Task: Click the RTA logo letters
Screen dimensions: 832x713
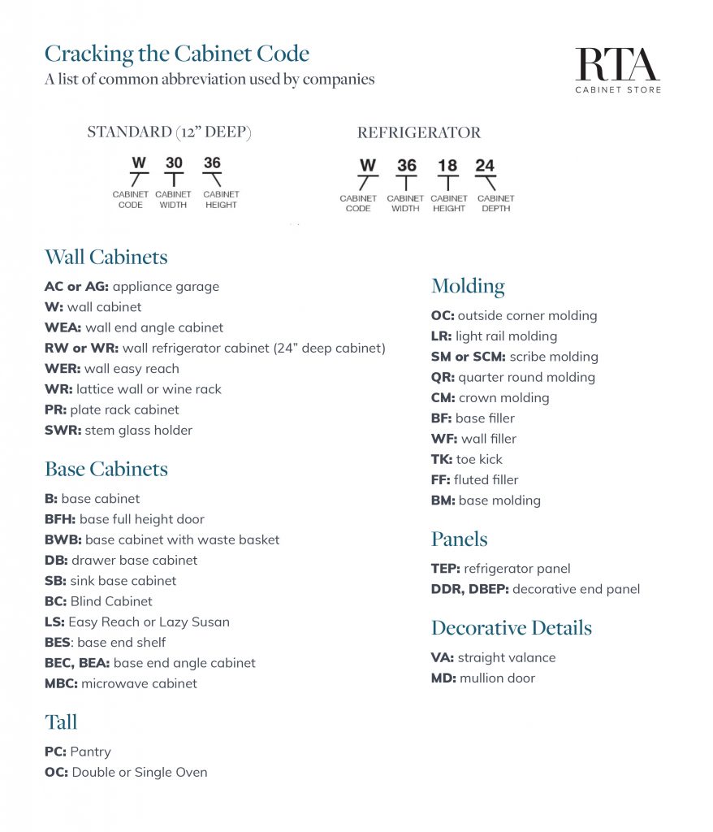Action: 617,64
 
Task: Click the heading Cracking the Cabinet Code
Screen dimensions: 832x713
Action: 176,54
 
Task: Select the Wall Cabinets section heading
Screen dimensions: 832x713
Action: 106,257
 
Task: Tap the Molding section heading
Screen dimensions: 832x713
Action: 468,286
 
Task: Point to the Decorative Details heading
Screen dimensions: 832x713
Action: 511,628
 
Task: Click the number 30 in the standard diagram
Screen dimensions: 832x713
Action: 174,162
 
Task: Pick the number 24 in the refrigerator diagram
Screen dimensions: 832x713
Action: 485,166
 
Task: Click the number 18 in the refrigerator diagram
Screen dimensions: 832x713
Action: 447,166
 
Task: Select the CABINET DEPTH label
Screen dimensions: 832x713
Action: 495,203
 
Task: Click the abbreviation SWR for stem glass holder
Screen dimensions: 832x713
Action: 63,431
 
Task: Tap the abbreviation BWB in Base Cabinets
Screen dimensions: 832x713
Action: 63,539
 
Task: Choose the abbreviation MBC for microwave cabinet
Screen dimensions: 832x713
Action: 61,683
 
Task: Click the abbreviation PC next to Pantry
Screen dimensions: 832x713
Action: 55,752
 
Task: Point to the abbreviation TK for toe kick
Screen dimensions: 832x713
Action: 442,459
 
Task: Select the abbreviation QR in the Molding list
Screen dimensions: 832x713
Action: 443,377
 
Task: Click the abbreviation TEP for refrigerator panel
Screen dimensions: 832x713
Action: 445,569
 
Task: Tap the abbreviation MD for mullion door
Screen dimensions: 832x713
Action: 443,678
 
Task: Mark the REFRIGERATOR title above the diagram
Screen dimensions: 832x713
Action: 418,132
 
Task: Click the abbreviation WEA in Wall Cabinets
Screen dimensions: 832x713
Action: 63,327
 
